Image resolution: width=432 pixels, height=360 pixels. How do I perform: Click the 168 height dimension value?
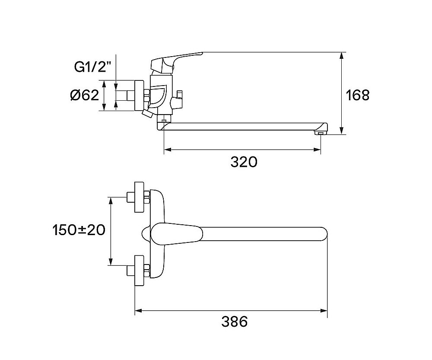357,95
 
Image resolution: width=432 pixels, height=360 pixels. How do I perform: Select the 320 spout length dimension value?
244,162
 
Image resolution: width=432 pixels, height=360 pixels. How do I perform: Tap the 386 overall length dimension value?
235,322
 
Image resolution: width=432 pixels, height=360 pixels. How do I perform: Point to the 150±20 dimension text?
79,230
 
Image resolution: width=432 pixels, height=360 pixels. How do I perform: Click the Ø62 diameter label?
84,96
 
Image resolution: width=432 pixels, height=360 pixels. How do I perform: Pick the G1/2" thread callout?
93,67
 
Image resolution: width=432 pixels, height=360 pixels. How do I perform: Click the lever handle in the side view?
176,61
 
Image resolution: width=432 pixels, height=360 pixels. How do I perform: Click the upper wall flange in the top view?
140,197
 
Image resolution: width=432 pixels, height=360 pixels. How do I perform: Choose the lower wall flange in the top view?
140,271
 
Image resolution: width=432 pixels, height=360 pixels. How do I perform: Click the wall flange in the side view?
139,96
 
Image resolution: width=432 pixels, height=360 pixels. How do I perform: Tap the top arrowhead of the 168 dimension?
342,56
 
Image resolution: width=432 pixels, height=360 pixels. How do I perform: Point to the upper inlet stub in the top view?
130,197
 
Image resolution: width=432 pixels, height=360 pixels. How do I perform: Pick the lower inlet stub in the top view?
130,271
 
